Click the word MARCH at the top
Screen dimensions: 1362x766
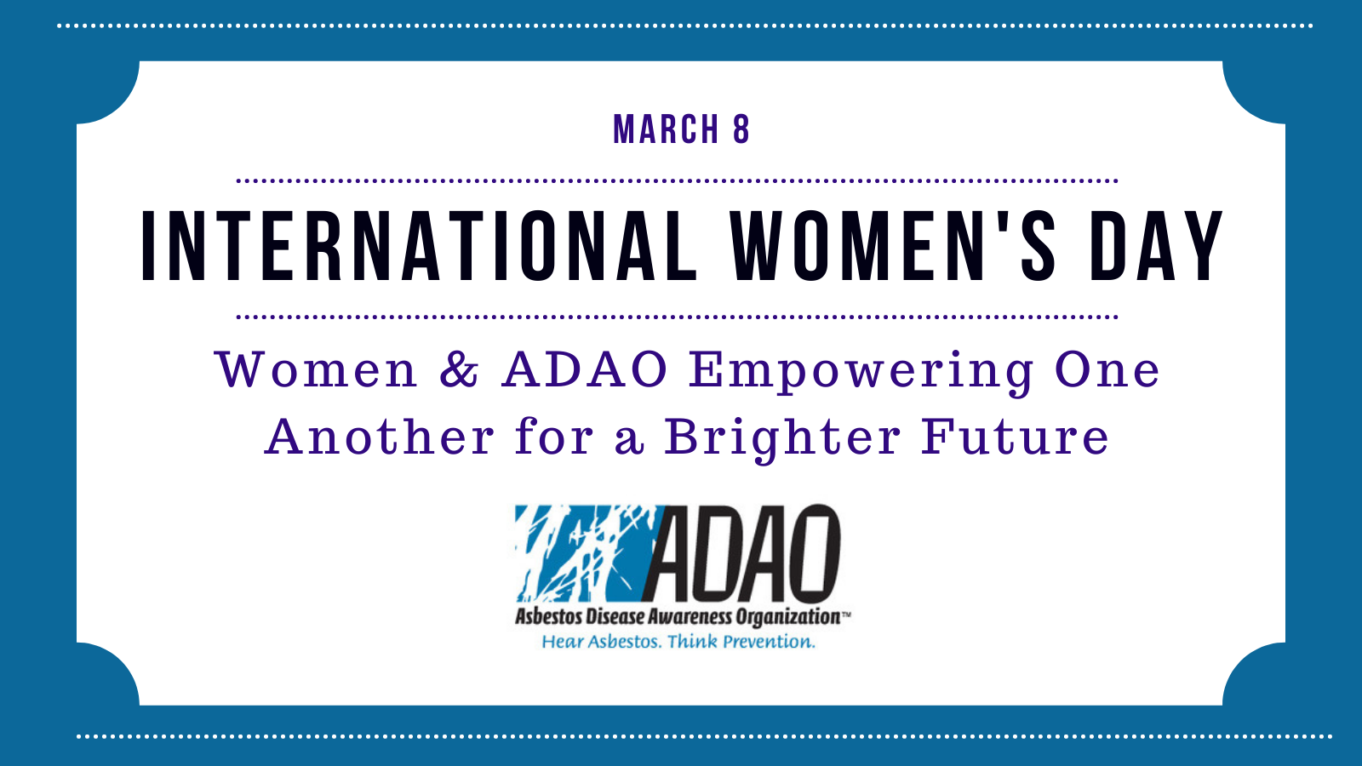click(667, 129)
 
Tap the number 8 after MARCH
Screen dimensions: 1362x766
click(741, 129)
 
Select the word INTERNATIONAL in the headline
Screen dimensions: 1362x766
click(419, 246)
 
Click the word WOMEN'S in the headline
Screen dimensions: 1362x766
click(893, 246)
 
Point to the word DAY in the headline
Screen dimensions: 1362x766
click(1157, 246)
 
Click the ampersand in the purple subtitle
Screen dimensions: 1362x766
click(459, 369)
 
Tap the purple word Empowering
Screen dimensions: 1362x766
click(861, 372)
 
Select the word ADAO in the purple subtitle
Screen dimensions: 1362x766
click(585, 369)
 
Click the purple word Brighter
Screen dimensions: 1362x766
click(782, 439)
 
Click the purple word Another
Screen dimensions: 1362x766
click(380, 436)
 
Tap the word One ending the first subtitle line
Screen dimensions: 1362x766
click(1107, 369)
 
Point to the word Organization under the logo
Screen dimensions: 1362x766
click(788, 618)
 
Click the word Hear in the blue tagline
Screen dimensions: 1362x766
click(558, 642)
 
